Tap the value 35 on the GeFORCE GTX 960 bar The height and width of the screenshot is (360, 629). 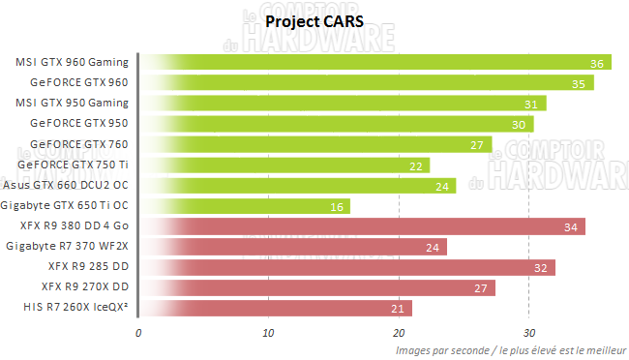tap(577, 84)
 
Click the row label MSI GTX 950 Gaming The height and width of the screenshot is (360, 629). tap(73, 103)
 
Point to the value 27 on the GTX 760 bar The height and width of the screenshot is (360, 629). tap(475, 145)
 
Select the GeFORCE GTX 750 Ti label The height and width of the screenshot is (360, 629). tap(79, 165)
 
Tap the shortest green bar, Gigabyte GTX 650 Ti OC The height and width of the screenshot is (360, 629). tap(242, 206)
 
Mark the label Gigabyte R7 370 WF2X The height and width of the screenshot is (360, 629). tap(67, 247)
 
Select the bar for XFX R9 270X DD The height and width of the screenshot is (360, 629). tap(314, 287)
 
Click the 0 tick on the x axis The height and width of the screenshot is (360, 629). tap(139, 333)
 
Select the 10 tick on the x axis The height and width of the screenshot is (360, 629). tap(268, 333)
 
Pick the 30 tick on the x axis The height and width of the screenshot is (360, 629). tap(527, 333)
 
